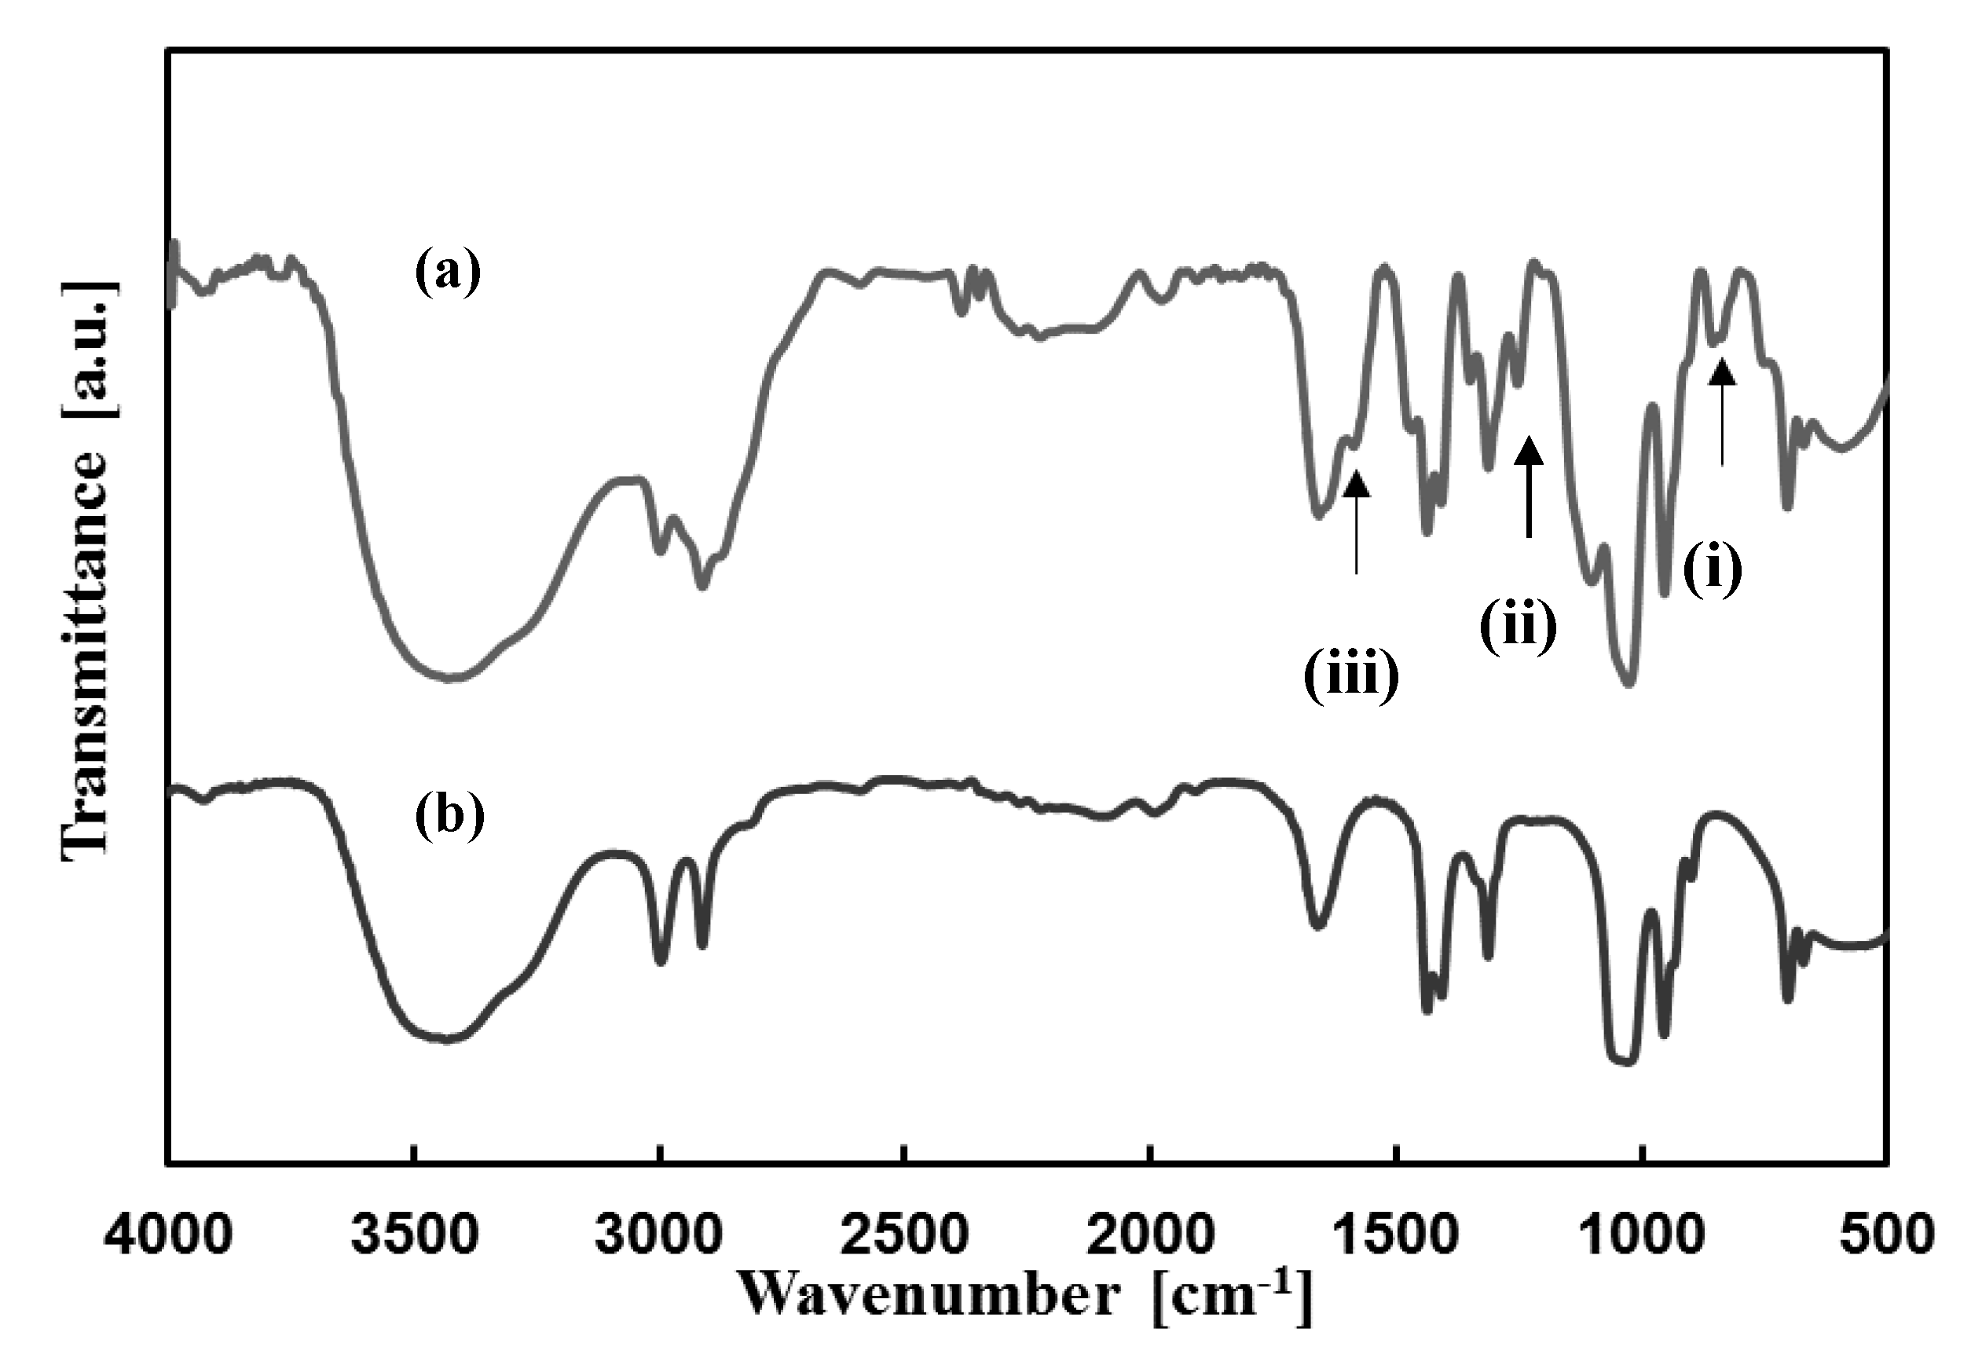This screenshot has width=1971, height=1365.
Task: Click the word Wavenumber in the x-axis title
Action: coord(929,1295)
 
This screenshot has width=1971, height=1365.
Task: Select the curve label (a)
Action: coord(449,272)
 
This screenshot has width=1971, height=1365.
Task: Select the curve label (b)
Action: coord(450,816)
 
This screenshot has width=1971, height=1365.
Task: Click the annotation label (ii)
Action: coord(1519,628)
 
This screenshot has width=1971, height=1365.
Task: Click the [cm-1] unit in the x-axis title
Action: coord(1231,1295)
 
